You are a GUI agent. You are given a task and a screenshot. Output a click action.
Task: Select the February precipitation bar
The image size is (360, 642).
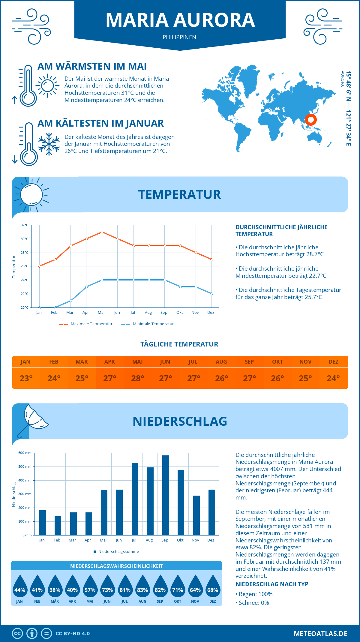58,526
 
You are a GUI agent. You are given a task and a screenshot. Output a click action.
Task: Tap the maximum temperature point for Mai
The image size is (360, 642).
102,232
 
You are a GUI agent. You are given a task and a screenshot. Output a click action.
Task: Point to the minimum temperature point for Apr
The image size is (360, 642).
86,287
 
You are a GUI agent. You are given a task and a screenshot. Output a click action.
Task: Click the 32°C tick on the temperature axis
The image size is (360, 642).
25,225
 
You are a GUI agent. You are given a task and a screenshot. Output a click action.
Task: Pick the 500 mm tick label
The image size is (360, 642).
25,466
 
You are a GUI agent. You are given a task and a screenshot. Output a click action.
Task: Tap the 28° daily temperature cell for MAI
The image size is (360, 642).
138,378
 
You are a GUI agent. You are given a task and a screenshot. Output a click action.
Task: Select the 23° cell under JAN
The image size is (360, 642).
26,378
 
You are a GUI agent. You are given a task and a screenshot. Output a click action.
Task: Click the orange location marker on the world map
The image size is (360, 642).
311,120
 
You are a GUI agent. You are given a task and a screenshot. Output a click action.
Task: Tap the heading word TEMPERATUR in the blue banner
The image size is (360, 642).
179,194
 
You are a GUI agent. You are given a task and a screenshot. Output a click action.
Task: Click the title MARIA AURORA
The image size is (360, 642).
180,20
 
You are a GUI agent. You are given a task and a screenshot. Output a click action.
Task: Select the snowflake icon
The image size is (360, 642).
49,144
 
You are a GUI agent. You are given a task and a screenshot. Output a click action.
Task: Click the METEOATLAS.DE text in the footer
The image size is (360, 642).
320,634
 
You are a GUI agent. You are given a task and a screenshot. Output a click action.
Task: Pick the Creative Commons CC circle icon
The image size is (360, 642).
17,634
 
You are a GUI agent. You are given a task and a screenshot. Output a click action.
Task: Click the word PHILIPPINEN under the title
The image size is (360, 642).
179,37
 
